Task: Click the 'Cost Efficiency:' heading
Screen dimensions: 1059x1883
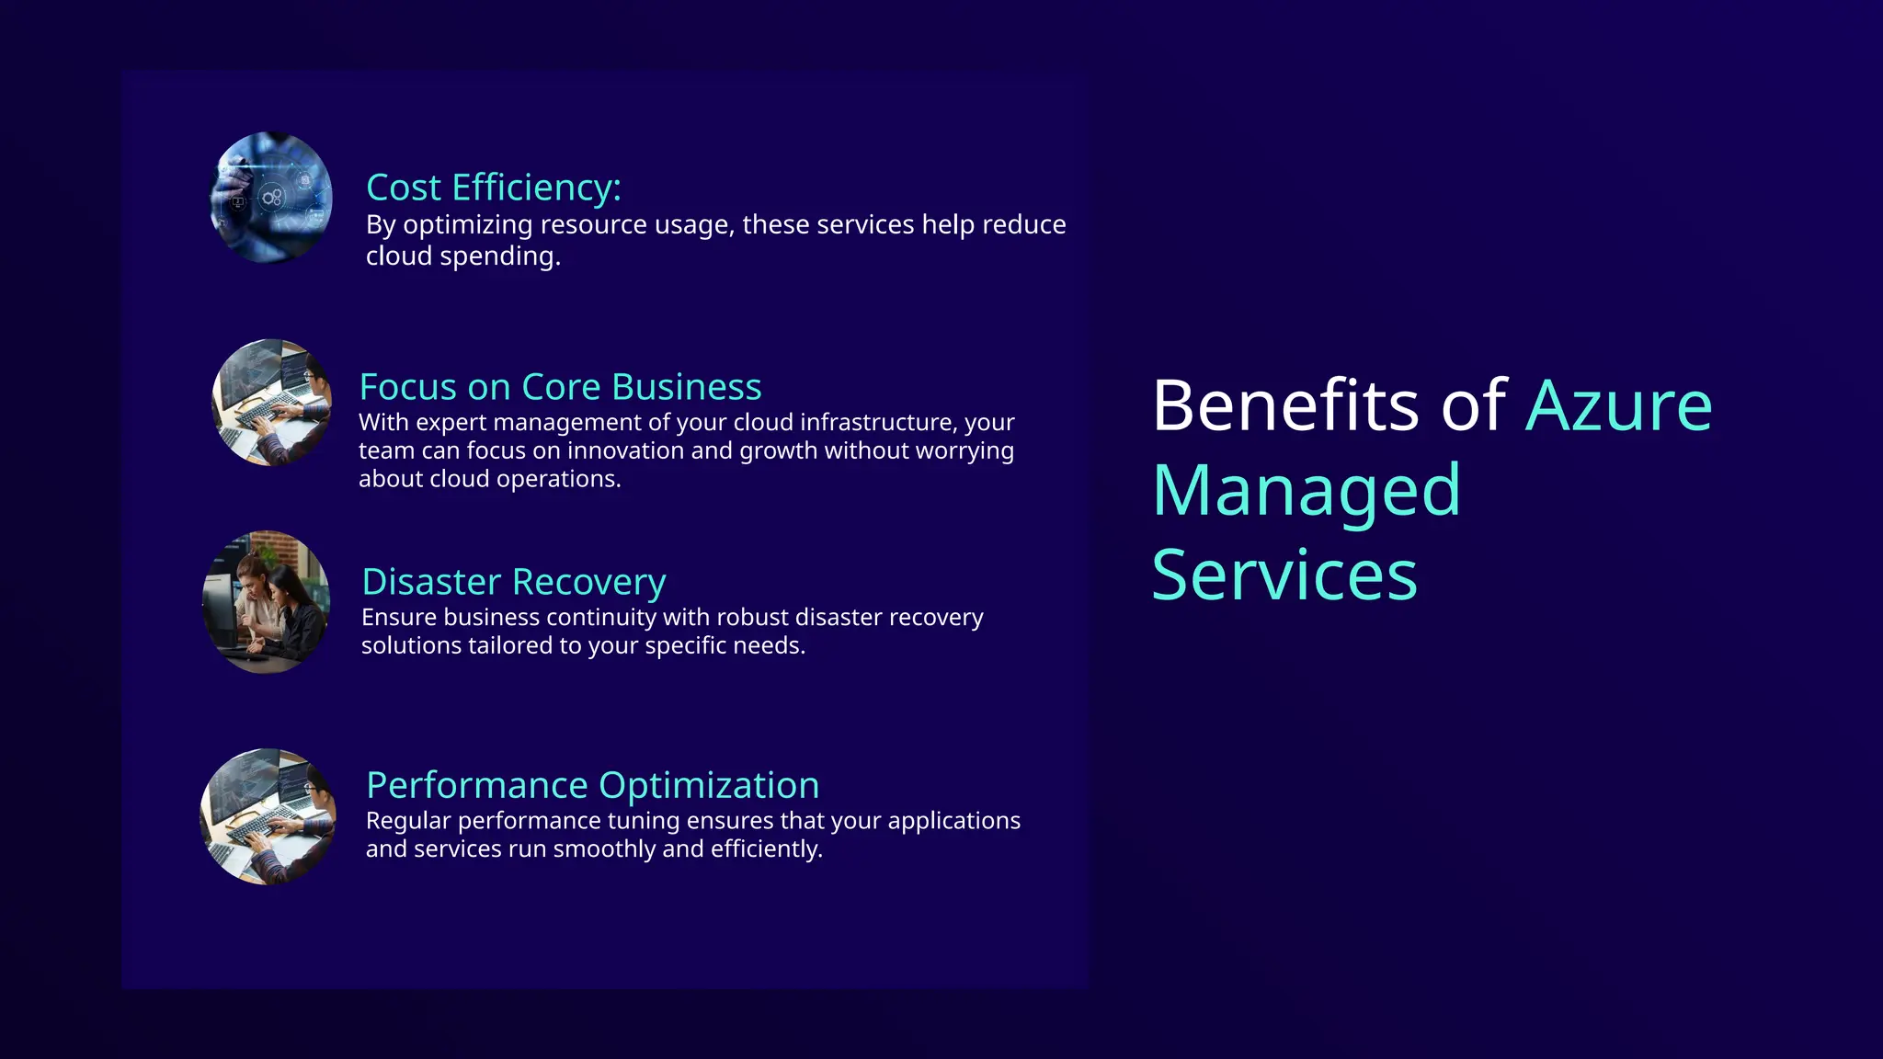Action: click(x=494, y=188)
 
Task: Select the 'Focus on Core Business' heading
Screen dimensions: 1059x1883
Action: click(x=560, y=387)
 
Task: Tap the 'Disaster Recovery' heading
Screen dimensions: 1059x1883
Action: click(x=513, y=582)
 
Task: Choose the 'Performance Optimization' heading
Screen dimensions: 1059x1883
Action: click(x=592, y=785)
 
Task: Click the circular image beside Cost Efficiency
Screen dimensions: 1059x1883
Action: click(x=271, y=198)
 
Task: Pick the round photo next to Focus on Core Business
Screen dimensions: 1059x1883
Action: click(x=272, y=403)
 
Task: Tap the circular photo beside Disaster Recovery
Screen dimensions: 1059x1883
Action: click(x=266, y=602)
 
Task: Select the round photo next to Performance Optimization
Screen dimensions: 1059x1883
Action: click(x=268, y=816)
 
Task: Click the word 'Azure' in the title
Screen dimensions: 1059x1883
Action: click(x=1618, y=404)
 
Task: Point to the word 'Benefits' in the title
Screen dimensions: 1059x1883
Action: click(x=1285, y=404)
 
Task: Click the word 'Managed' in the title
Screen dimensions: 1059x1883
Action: click(x=1306, y=490)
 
